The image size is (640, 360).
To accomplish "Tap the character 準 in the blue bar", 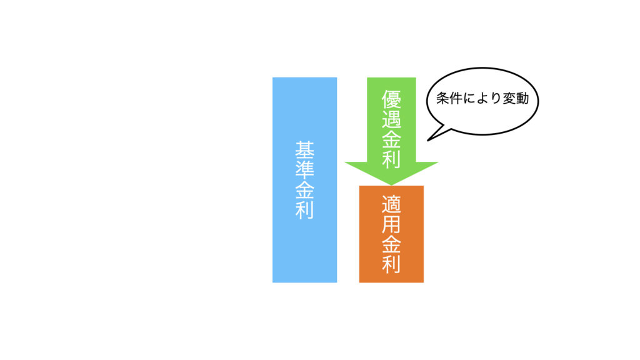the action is pyautogui.click(x=304, y=170).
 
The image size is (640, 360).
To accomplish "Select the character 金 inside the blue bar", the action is pyautogui.click(x=304, y=190).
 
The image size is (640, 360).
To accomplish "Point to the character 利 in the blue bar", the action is pyautogui.click(x=304, y=210).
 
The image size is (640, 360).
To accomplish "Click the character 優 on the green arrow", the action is pyautogui.click(x=391, y=99).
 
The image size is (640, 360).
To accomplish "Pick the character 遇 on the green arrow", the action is pyautogui.click(x=391, y=119).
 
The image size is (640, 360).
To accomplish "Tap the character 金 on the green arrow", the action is pyautogui.click(x=391, y=139).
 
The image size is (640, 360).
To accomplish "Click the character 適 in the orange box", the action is pyautogui.click(x=391, y=204).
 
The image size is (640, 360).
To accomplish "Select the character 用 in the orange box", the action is pyautogui.click(x=391, y=224).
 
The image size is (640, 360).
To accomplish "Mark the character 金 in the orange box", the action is pyautogui.click(x=391, y=244).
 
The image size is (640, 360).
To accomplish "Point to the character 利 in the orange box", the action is pyautogui.click(x=391, y=264).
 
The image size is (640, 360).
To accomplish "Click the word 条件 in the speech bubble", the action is pyautogui.click(x=449, y=98).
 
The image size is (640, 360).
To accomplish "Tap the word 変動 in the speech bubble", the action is pyautogui.click(x=516, y=98).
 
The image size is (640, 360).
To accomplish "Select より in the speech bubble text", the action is pyautogui.click(x=489, y=98).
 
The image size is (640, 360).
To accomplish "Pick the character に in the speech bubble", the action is pyautogui.click(x=469, y=98).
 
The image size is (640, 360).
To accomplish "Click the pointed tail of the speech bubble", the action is pyautogui.click(x=427, y=141).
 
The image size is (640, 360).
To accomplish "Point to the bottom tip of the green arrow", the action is pyautogui.click(x=391, y=185).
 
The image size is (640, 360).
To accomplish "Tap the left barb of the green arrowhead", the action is pyautogui.click(x=345, y=162).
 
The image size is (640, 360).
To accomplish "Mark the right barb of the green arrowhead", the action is pyautogui.click(x=437, y=162).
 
